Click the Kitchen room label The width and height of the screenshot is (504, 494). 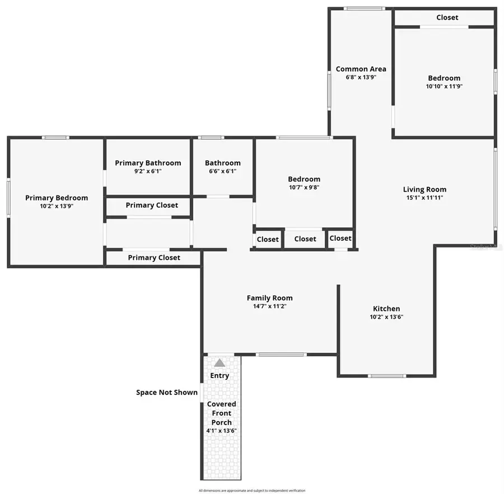click(386, 309)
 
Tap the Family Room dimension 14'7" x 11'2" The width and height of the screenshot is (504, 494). click(270, 306)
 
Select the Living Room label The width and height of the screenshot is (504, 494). click(424, 189)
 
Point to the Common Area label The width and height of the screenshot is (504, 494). click(361, 69)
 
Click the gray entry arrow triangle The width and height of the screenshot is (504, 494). click(220, 363)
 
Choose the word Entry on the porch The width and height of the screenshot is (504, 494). click(220, 375)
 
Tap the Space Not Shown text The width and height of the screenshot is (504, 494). click(167, 392)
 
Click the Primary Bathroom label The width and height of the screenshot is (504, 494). click(148, 163)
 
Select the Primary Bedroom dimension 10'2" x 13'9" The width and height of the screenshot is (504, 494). click(57, 206)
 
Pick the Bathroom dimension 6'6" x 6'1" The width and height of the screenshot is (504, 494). click(222, 171)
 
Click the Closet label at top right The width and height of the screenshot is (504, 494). click(447, 17)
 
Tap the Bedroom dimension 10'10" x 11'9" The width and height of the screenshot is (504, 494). click(444, 86)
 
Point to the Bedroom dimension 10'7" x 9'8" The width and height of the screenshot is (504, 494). click(304, 188)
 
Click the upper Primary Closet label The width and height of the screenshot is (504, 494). click(152, 205)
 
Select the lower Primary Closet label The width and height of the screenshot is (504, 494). click(154, 258)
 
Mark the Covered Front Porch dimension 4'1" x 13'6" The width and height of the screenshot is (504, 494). click(221, 431)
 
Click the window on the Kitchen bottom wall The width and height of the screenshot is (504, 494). click(387, 376)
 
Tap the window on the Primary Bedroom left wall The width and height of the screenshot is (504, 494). click(8, 197)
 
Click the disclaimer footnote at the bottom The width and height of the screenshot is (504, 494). click(251, 491)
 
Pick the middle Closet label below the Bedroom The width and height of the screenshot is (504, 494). click(305, 239)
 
